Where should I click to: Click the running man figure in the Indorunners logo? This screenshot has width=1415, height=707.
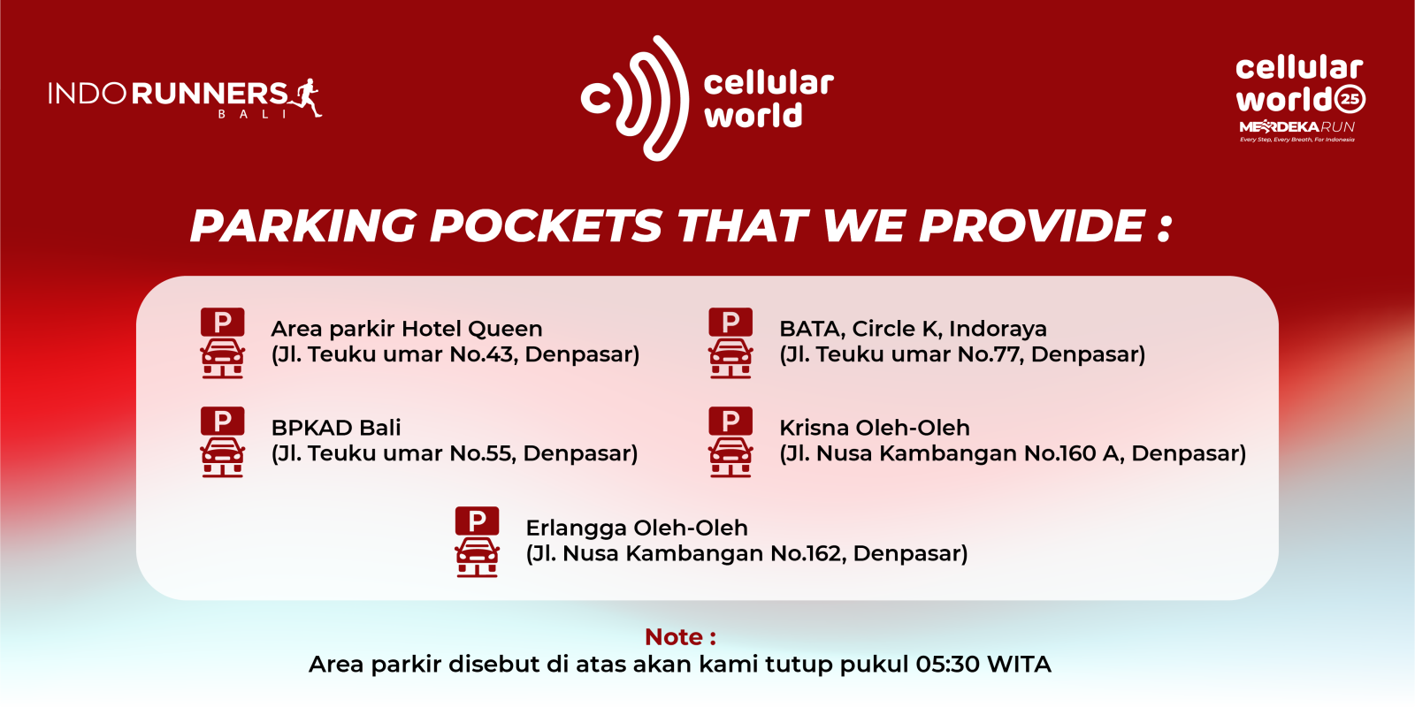point(306,97)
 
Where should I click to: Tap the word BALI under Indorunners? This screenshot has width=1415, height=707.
point(252,114)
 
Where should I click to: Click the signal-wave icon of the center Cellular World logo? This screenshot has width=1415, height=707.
point(634,98)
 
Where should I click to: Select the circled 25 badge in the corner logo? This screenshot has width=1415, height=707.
point(1350,99)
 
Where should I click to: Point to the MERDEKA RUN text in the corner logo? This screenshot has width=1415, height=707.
point(1296,127)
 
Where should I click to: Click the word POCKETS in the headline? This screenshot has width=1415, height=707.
point(546,225)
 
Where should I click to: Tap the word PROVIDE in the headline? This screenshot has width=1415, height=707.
point(1031,225)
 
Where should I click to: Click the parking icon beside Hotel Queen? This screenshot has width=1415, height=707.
point(222,343)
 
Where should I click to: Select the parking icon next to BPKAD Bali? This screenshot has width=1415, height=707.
point(222,442)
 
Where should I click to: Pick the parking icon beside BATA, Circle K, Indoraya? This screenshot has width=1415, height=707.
point(730,343)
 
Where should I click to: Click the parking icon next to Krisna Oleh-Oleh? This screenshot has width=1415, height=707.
point(730,442)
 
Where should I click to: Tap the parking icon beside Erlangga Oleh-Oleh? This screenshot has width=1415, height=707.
point(477,542)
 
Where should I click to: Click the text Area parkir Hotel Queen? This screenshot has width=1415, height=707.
point(407,329)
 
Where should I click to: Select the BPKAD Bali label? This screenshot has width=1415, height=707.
point(336,428)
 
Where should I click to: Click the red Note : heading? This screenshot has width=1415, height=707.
point(680,637)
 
